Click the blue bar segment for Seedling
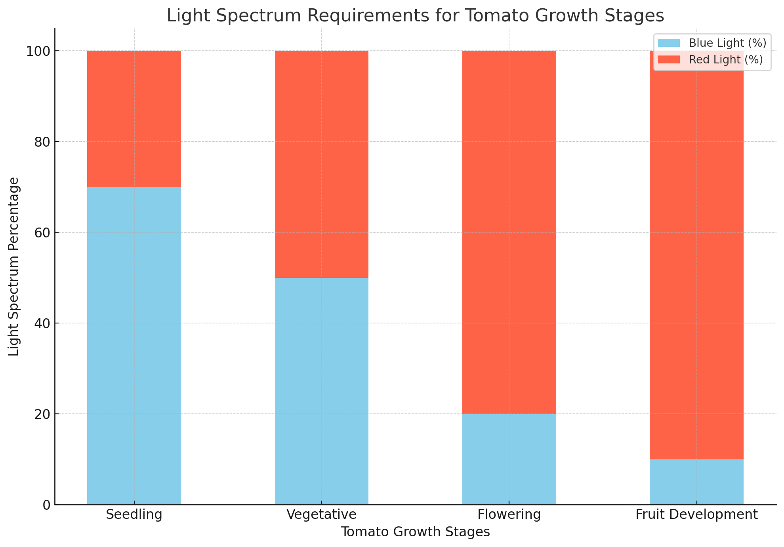(x=134, y=345)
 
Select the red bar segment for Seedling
(x=134, y=119)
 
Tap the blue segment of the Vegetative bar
(x=321, y=390)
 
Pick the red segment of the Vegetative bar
(x=321, y=164)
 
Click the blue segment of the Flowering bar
(x=509, y=459)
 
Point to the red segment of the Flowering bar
(x=509, y=232)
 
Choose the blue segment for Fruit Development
(x=696, y=481)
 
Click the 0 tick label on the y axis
(x=46, y=505)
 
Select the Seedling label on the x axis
(x=134, y=514)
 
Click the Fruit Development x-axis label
(x=696, y=514)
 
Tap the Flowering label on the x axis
(x=509, y=514)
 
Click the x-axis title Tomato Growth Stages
(x=415, y=532)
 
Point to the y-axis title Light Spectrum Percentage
(x=14, y=266)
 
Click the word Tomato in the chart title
(x=490, y=16)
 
